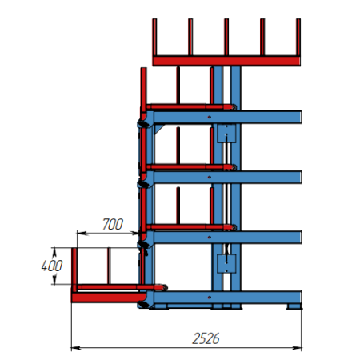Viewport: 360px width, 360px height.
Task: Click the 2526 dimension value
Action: tap(206, 338)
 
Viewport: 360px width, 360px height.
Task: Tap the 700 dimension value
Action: tap(113, 224)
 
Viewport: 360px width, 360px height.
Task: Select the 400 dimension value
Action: tap(52, 266)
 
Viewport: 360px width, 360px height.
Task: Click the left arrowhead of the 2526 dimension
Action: tap(76, 348)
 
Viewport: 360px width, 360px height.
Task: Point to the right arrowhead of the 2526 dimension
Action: tap(297, 348)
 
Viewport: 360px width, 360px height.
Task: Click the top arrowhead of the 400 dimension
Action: tap(54, 252)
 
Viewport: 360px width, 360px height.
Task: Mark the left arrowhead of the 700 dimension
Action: tap(82, 234)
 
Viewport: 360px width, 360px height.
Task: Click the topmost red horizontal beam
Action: tap(226, 61)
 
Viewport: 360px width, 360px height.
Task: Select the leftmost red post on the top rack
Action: tap(154, 37)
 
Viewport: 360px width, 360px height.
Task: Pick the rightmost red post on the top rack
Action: tap(298, 37)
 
